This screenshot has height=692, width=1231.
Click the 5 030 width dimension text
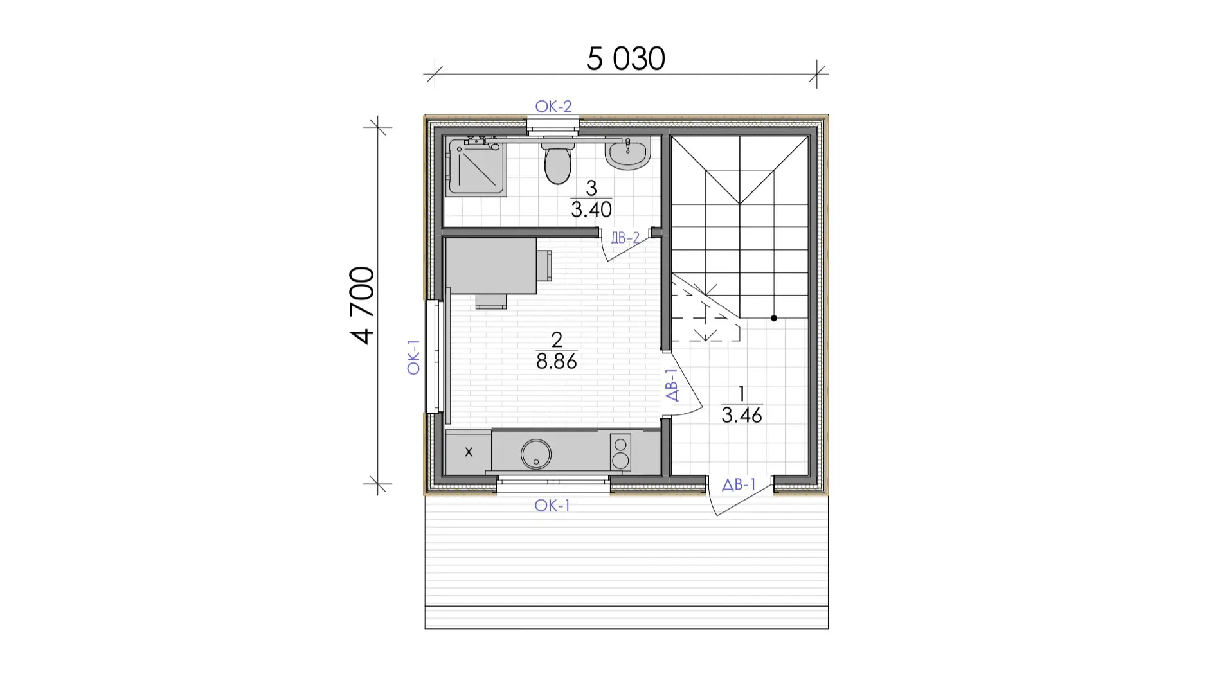tap(625, 58)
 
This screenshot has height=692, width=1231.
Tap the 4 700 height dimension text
tap(363, 305)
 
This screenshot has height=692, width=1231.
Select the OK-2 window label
tap(553, 106)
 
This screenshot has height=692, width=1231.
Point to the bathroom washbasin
tap(627, 154)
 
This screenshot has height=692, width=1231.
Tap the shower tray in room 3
tap(477, 167)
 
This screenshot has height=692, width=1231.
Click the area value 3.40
tap(591, 209)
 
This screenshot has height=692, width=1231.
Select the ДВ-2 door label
tap(625, 238)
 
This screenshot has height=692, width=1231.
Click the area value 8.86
tap(557, 361)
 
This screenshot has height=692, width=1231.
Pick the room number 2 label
tap(557, 339)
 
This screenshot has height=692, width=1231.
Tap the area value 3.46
tap(742, 415)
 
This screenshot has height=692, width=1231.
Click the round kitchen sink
tap(535, 454)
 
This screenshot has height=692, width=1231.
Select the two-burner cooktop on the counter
tap(620, 452)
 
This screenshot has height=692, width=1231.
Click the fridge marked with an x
tap(469, 452)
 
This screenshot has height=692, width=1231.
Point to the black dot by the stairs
tap(774, 318)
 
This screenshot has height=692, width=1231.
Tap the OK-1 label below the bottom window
tap(552, 506)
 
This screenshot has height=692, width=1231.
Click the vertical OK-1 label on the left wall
tap(413, 357)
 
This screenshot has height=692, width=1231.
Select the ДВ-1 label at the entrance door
tap(739, 484)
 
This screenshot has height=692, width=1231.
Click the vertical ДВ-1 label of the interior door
tap(672, 385)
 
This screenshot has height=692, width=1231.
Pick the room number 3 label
tap(591, 188)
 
